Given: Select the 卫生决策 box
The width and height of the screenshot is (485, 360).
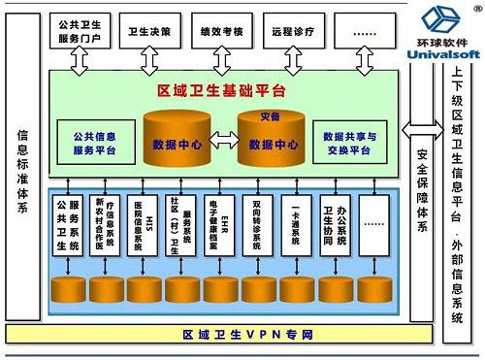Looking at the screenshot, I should tap(149, 30).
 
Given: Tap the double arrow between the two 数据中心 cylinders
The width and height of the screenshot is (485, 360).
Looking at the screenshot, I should tap(222, 145).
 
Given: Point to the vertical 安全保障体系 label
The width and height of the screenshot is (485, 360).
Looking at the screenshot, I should tap(420, 189).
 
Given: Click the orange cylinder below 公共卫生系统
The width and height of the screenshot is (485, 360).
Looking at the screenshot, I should tap(68, 289).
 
